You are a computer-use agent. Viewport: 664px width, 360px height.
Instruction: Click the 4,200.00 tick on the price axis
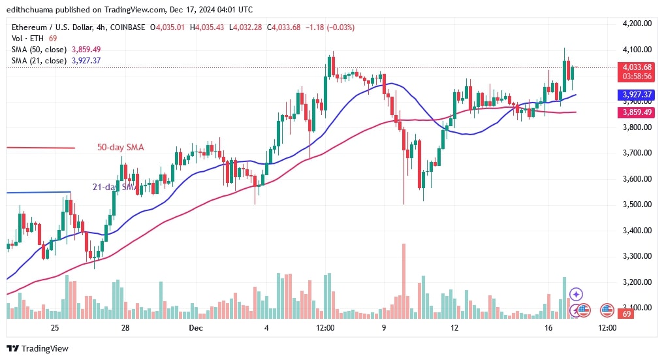point(638,24)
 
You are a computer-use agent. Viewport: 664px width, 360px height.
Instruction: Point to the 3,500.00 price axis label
point(638,205)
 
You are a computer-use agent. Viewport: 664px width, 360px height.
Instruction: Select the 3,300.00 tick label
point(638,256)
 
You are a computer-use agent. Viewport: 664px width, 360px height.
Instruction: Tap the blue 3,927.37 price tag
point(638,95)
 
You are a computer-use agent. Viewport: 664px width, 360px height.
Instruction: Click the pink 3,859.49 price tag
point(638,112)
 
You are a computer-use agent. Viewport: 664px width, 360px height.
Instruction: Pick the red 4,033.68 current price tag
point(638,67)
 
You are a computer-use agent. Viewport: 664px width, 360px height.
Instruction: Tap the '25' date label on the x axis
point(54,327)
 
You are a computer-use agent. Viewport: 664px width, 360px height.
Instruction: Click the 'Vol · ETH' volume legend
point(25,39)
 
